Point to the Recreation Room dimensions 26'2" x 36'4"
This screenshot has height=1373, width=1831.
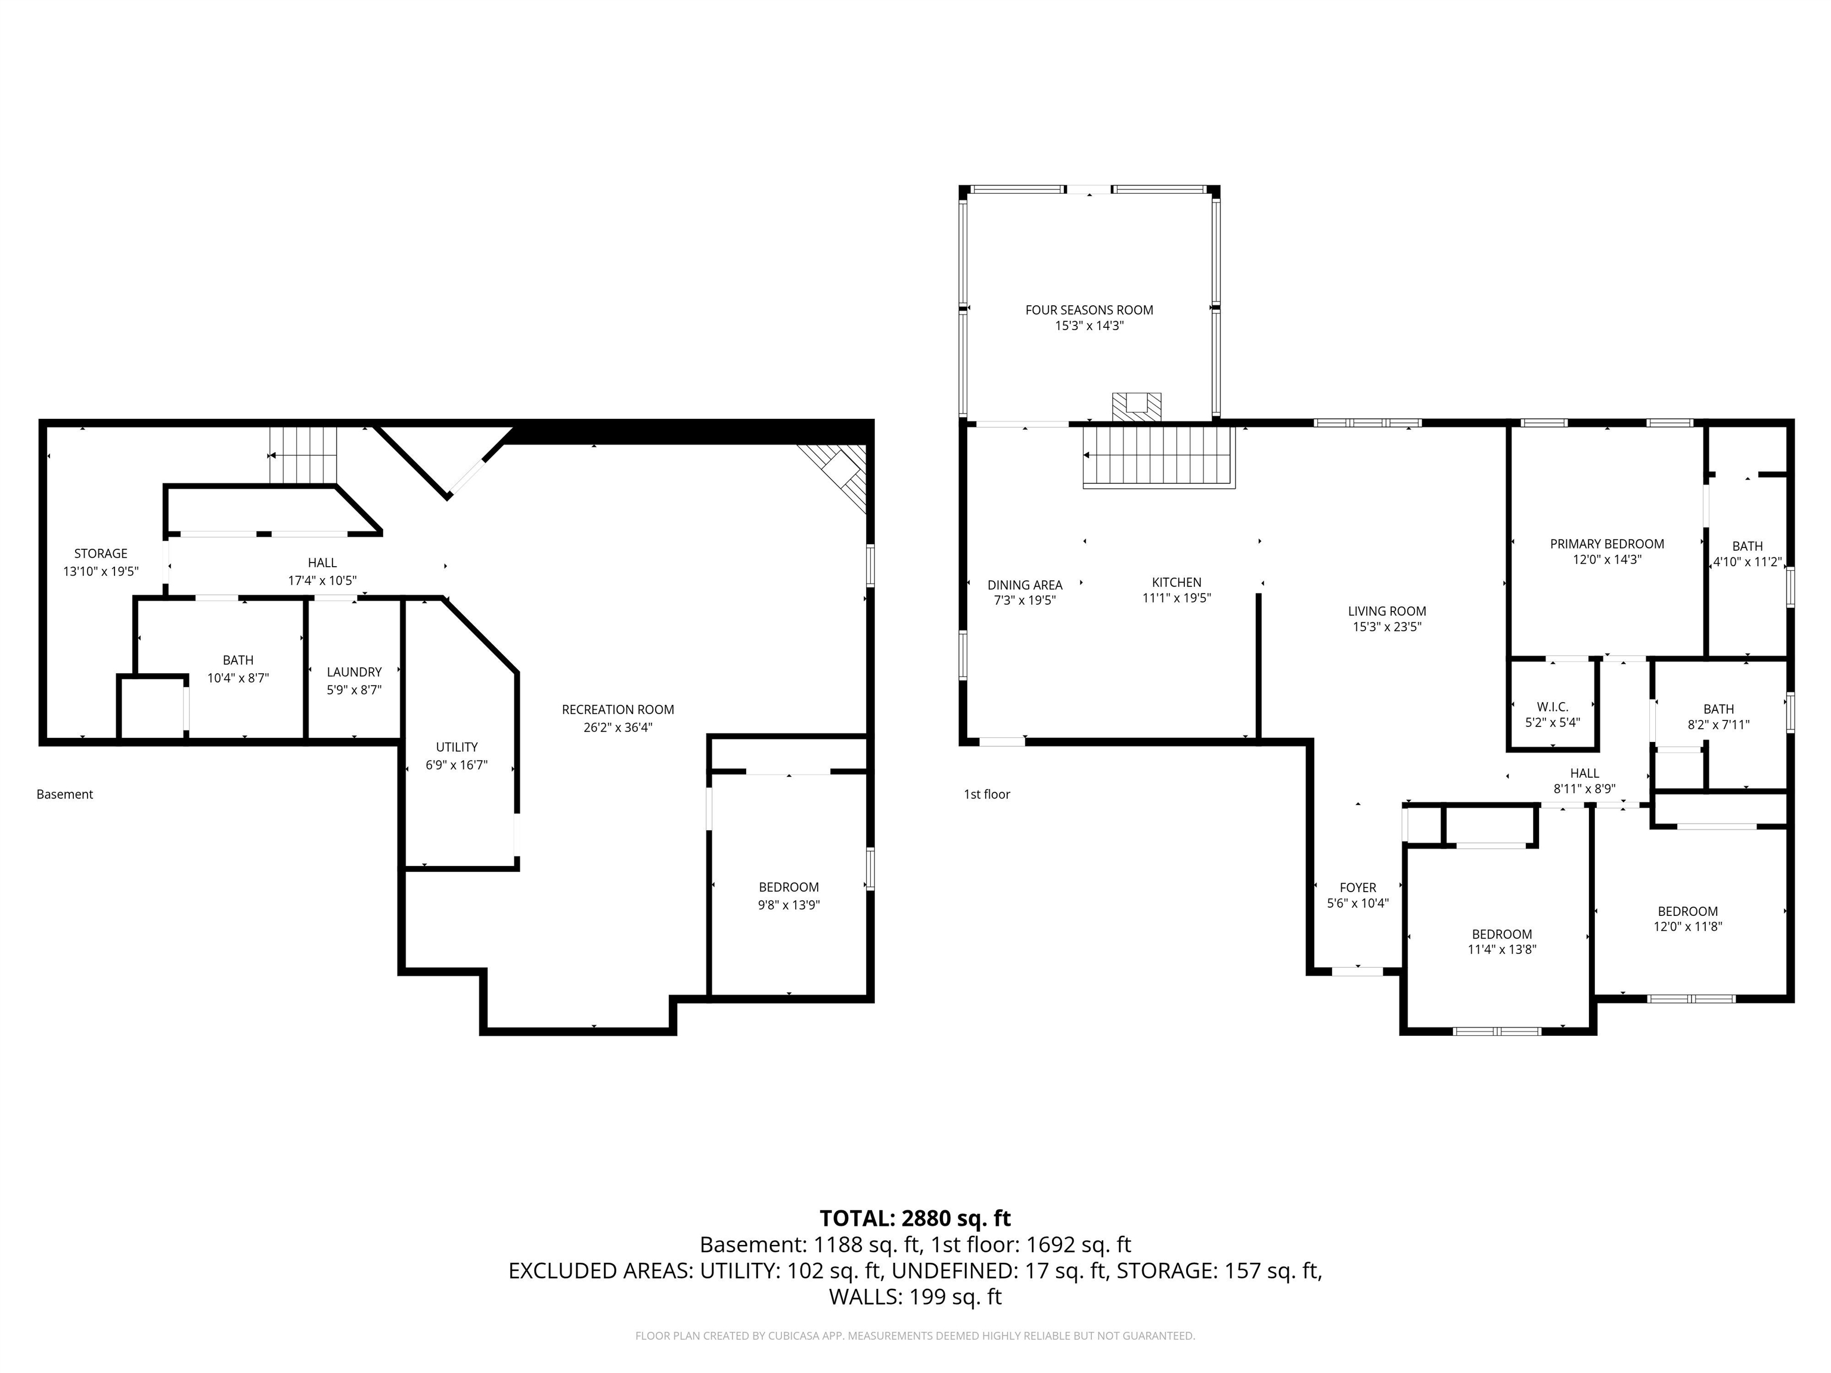[617, 728]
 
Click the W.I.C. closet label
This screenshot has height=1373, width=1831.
[1552, 707]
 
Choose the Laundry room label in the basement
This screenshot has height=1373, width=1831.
[353, 672]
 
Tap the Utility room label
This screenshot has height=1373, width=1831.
[456, 747]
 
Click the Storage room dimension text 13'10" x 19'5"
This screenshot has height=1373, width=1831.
[101, 571]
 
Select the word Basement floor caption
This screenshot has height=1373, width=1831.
[64, 794]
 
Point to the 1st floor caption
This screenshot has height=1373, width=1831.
[986, 794]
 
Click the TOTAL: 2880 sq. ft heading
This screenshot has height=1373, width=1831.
[915, 1218]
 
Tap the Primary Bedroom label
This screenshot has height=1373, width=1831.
[1607, 543]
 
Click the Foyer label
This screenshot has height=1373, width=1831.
[1358, 887]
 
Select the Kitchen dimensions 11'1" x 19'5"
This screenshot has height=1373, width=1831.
[1176, 598]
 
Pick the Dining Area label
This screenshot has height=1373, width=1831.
[1025, 585]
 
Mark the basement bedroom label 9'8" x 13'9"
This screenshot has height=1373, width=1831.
[788, 905]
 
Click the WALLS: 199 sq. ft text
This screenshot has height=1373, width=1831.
[915, 1297]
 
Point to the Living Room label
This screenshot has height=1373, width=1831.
[1386, 611]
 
